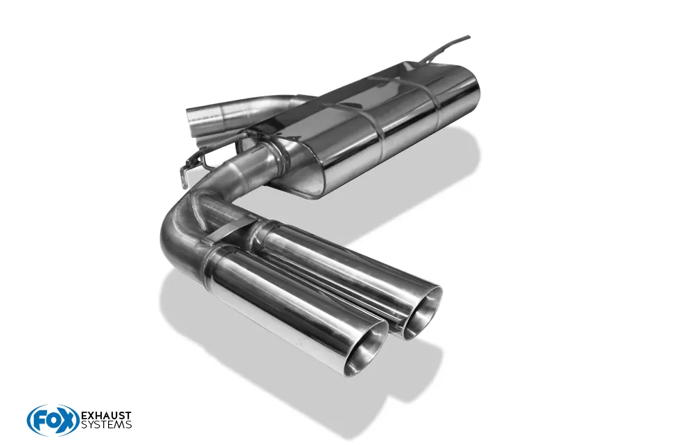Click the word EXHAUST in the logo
[107, 416]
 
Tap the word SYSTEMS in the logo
[107, 425]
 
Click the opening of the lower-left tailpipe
[367, 354]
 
